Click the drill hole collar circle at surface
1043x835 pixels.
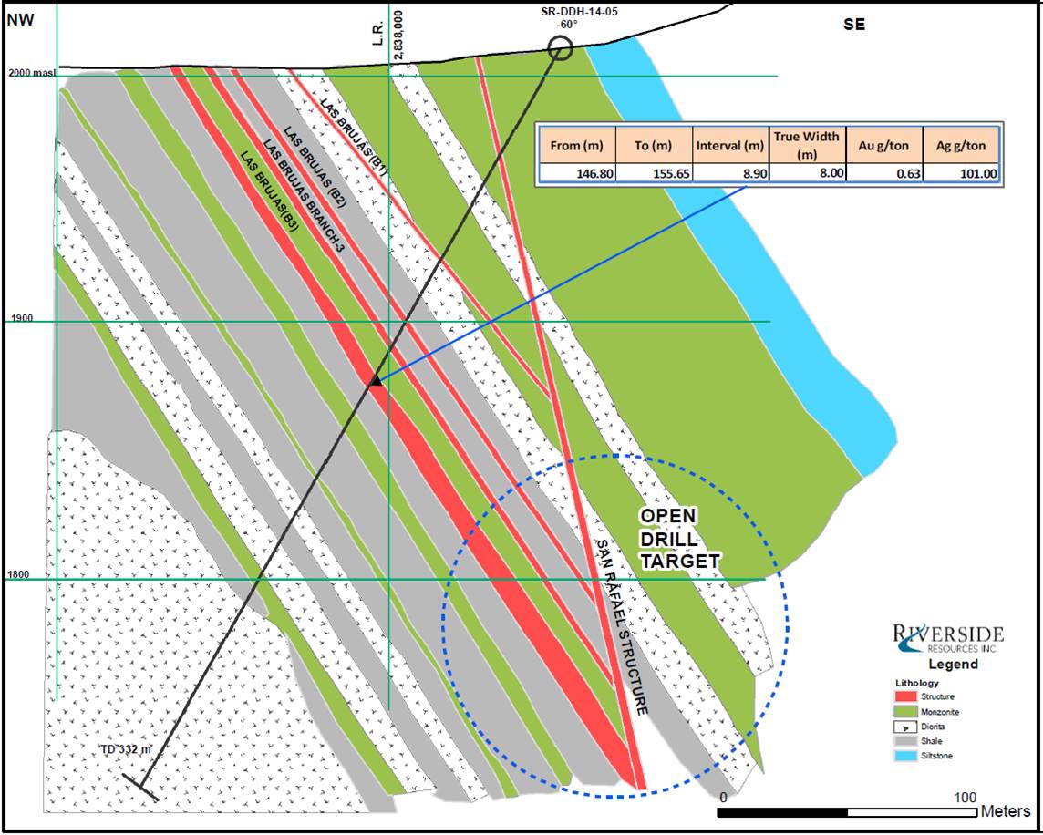click(x=561, y=48)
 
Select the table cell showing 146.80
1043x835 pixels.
click(x=577, y=173)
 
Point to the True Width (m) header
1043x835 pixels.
click(x=807, y=144)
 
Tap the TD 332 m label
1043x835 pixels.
click(x=127, y=749)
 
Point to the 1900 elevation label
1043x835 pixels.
click(x=21, y=319)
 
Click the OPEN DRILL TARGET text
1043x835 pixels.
click(x=679, y=539)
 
